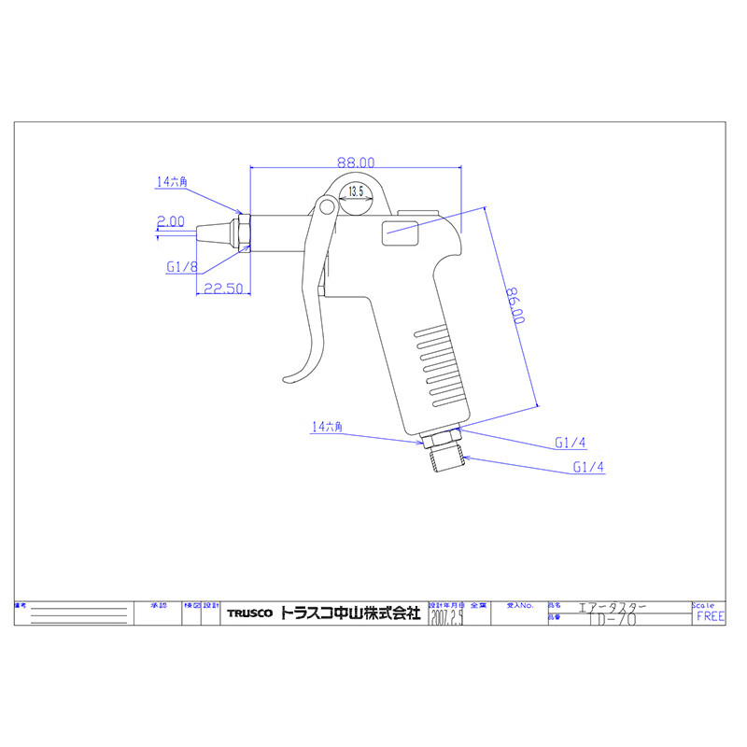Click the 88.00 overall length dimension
tap(356, 162)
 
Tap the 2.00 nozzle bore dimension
tap(170, 221)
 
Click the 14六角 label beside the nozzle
tap(172, 184)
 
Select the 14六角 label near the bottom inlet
tap(328, 427)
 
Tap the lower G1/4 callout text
tap(590, 467)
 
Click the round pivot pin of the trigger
tap(325, 206)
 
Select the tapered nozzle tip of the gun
tap(214, 231)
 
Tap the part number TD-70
tap(608, 618)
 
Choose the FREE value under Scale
tap(710, 617)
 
